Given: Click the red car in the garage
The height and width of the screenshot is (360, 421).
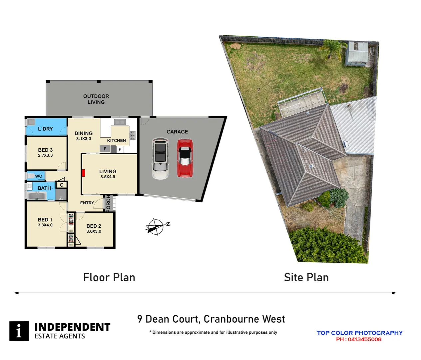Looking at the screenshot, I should pos(185,158).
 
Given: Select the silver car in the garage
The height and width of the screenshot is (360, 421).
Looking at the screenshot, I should pos(160,158).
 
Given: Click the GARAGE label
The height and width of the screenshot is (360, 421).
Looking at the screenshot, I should pos(177,132).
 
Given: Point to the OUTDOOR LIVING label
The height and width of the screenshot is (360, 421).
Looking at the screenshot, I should pos(96,99).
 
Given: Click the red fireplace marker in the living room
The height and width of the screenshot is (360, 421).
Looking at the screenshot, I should pos(84,173).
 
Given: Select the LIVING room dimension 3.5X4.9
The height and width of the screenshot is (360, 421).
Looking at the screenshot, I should pos(108,177).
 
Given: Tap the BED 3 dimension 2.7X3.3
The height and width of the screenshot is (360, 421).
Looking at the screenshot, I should pos(45,155).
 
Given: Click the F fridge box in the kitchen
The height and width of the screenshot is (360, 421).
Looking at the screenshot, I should pos(105,149).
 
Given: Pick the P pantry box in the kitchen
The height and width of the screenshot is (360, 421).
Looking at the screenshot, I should pos(120,149).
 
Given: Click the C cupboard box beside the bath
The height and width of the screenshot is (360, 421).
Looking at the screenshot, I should pos(62,185).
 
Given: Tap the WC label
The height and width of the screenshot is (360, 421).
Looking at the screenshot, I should pos(39,176).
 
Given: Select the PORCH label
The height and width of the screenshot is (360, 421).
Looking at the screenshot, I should pos(108,203).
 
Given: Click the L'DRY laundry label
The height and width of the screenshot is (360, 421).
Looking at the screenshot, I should pos(45,129).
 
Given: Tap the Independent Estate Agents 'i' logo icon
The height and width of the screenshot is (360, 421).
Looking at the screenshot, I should pos(19,331).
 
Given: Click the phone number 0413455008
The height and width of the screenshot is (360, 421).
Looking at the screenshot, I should pos(364,339).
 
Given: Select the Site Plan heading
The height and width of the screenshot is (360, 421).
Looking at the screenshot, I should pos(306,277).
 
